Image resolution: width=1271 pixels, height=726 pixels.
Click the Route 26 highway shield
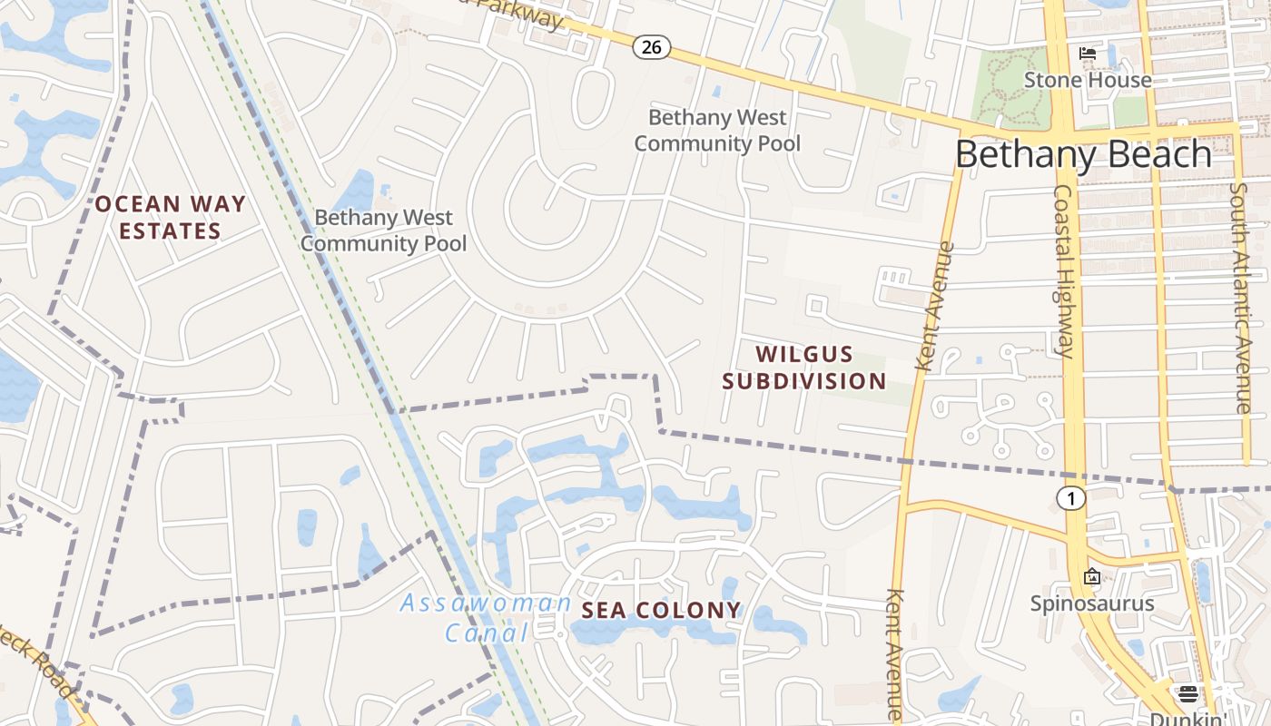coord(651,47)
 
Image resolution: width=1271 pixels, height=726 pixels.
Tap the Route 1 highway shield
coord(1071,497)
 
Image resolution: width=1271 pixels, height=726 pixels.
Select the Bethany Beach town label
coord(1083,155)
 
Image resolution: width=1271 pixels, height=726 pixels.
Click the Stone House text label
coord(1087,80)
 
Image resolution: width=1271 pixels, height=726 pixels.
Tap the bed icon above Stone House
coord(1087,54)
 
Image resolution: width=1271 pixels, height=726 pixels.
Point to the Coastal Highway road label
coord(1064,271)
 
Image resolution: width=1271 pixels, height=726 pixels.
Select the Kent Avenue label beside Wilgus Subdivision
coord(936,306)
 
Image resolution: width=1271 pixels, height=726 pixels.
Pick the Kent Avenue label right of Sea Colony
coord(894,653)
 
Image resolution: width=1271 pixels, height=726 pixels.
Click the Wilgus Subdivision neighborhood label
coord(803,368)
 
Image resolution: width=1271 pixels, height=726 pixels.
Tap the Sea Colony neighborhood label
coord(661,611)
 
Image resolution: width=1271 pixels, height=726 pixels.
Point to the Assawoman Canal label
coord(486,617)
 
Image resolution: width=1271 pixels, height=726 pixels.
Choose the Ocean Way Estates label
coord(170,218)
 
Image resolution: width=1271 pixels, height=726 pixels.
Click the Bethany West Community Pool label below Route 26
coord(717,131)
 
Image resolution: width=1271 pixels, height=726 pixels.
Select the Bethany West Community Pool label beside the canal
coord(383,231)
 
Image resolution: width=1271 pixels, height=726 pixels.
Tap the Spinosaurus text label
coord(1091,603)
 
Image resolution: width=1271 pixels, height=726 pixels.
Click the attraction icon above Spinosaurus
coord(1091,576)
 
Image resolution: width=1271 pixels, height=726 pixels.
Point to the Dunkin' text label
coord(1188,719)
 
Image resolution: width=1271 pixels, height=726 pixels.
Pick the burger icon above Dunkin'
coord(1188,694)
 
